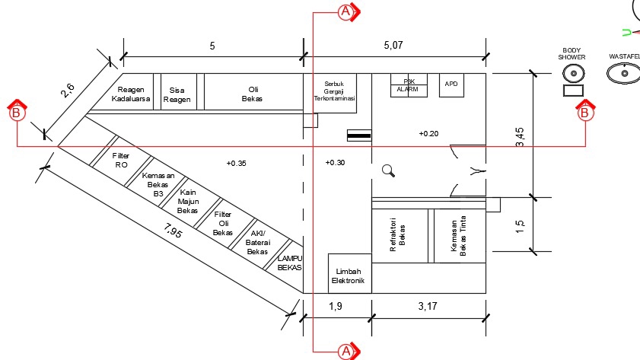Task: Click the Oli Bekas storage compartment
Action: click(252, 94)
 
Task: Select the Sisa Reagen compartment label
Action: click(180, 94)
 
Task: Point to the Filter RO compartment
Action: click(121, 160)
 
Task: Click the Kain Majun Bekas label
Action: click(187, 201)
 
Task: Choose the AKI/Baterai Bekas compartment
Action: click(258, 242)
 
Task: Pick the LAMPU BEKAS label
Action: click(290, 263)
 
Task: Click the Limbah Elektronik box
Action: click(349, 276)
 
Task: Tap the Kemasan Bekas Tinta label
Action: click(458, 236)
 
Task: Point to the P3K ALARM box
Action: click(412, 84)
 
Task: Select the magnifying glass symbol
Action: click(388, 171)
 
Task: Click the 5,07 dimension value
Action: click(393, 46)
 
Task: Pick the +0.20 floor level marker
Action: click(428, 133)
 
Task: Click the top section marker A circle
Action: click(345, 11)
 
